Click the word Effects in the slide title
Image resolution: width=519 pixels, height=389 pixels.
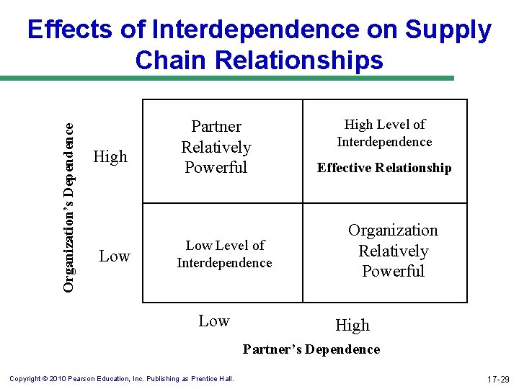pyautogui.click(x=69, y=30)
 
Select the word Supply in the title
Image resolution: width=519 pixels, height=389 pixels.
pyautogui.click(x=448, y=30)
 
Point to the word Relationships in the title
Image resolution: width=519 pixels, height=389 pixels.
pyautogui.click(x=301, y=60)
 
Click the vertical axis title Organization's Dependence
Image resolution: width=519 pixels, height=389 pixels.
pyautogui.click(x=68, y=206)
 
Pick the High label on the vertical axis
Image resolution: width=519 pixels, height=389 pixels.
pyautogui.click(x=110, y=156)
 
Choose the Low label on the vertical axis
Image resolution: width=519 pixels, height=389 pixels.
pyautogui.click(x=114, y=256)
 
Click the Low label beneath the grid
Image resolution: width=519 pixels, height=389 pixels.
pyautogui.click(x=214, y=321)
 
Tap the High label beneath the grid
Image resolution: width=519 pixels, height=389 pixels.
pyautogui.click(x=352, y=326)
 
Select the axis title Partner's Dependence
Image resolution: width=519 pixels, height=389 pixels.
pyautogui.click(x=311, y=349)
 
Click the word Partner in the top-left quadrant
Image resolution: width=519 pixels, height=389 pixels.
pyautogui.click(x=216, y=127)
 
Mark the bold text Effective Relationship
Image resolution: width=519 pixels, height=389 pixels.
pyautogui.click(x=384, y=168)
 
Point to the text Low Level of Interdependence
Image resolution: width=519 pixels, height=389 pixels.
pyautogui.click(x=224, y=254)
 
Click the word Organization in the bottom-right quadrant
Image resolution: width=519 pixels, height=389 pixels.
pyautogui.click(x=393, y=231)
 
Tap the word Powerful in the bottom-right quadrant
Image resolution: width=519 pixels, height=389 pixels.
pyautogui.click(x=393, y=272)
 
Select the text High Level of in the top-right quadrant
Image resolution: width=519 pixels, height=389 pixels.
pyautogui.click(x=384, y=125)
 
